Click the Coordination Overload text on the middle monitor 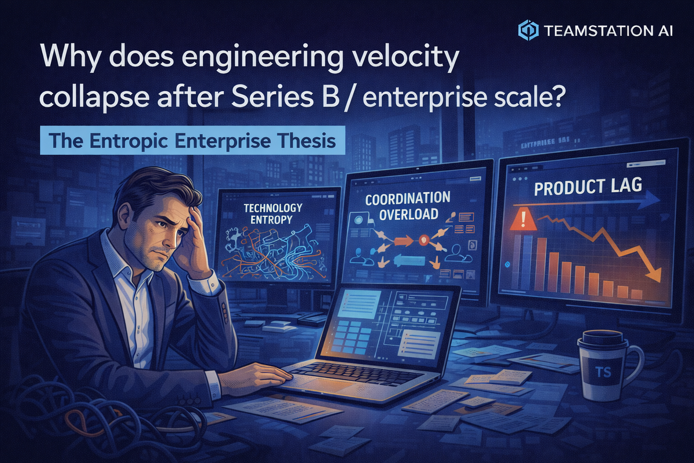point(407,207)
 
